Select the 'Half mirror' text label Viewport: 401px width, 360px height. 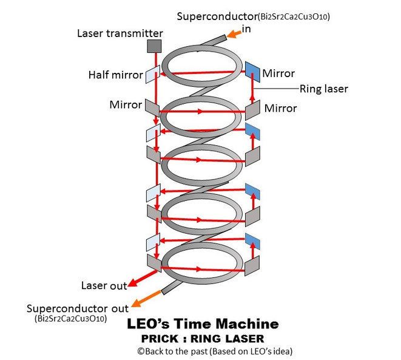click(115, 75)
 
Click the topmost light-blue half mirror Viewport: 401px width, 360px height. click(153, 74)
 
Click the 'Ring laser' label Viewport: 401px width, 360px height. click(324, 88)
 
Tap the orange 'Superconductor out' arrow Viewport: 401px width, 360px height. click(149, 298)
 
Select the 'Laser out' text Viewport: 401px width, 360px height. click(104, 286)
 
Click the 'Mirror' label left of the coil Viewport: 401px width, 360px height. click(126, 104)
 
